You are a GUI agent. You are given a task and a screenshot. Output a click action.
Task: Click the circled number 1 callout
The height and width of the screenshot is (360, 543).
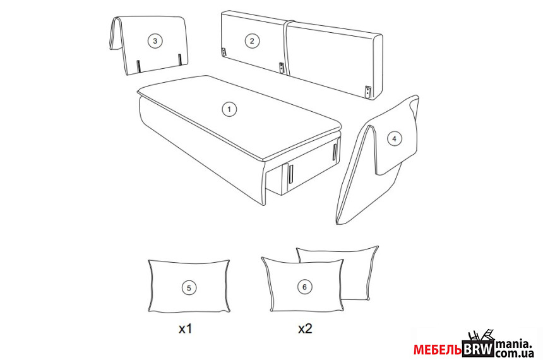[x=229, y=109]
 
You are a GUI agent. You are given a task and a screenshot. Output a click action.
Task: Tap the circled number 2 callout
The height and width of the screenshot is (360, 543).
[x=252, y=41]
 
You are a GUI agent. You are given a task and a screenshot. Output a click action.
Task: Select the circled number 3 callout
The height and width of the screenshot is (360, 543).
[x=155, y=41]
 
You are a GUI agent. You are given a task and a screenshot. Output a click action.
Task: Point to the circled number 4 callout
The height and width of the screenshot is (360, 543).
[x=394, y=139]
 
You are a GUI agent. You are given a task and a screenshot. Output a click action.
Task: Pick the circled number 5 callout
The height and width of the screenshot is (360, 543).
[x=189, y=288]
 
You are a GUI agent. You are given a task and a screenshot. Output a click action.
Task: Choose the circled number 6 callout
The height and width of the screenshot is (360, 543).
[x=305, y=287]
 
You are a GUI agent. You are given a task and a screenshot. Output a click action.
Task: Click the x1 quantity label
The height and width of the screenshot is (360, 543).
[x=185, y=328]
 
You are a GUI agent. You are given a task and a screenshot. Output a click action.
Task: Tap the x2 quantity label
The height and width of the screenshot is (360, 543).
[x=305, y=328]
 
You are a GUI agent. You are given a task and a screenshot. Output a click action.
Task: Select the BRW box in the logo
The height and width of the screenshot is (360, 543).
[x=478, y=349]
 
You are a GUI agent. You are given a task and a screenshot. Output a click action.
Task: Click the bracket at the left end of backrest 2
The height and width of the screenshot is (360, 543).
[x=224, y=52]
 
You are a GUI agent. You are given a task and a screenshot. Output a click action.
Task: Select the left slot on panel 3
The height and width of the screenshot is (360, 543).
[x=138, y=66]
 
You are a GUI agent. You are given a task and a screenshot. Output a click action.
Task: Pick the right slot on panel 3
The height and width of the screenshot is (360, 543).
[x=180, y=59]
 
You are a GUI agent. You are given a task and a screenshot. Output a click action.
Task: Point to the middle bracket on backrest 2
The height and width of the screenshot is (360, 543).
[x=282, y=68]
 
